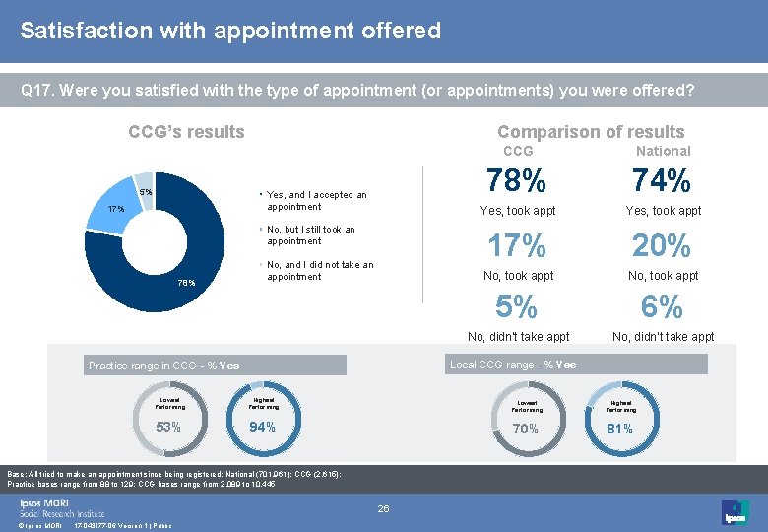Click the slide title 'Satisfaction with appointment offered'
click(230, 31)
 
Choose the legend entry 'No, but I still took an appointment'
click(310, 235)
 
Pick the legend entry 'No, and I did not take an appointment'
click(320, 271)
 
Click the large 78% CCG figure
click(517, 182)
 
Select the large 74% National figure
click(663, 182)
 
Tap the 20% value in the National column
click(663, 245)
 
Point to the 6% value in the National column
click(663, 307)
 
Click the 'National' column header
click(663, 151)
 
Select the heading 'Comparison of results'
click(591, 132)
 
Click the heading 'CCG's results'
click(187, 132)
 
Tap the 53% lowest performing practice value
click(168, 427)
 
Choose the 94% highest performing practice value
click(263, 427)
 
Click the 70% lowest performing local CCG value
click(525, 429)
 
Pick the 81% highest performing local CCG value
click(620, 429)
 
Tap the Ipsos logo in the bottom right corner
click(734, 511)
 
